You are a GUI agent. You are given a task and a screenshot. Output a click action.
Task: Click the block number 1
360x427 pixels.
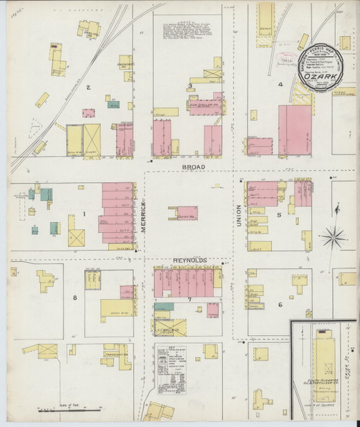click(83, 213)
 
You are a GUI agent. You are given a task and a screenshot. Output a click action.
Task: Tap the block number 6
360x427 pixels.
click(280, 305)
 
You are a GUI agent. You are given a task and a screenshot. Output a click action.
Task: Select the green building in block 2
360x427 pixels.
click(113, 105)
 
